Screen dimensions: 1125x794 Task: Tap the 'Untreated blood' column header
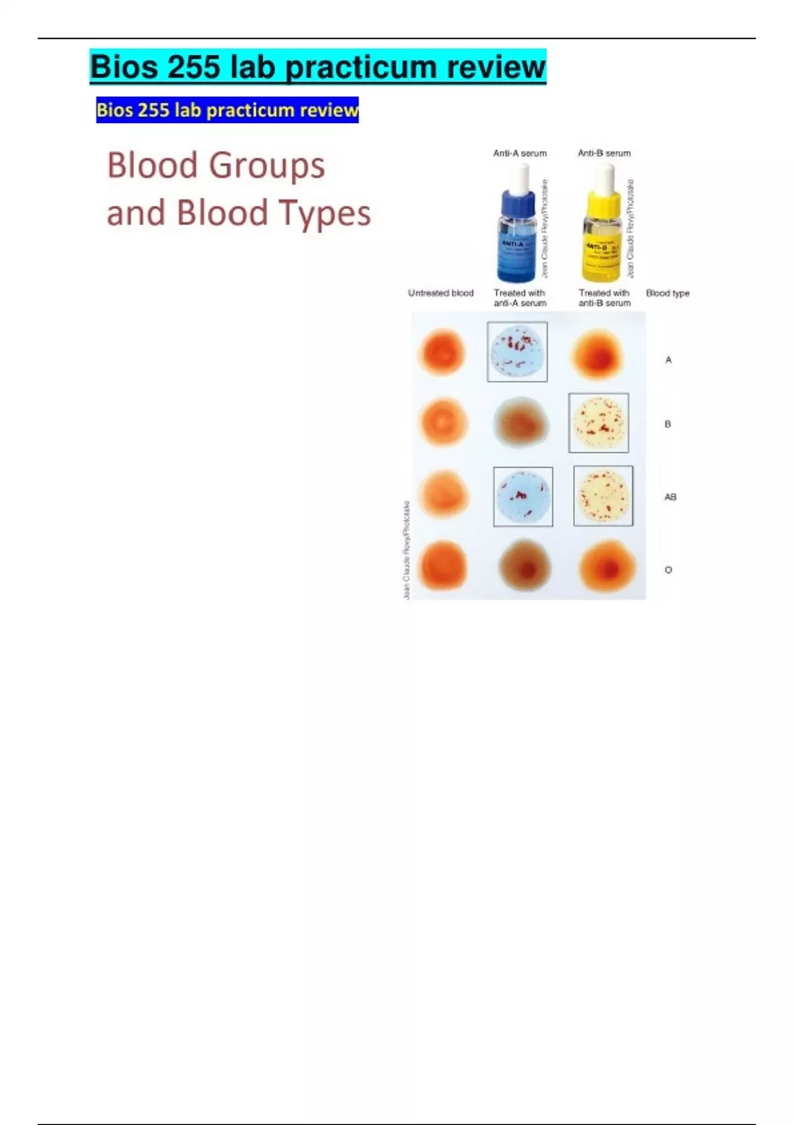point(441,292)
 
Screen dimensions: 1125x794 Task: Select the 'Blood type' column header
point(668,292)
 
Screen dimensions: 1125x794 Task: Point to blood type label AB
point(670,496)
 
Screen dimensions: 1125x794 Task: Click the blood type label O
point(668,570)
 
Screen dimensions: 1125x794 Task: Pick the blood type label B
point(668,424)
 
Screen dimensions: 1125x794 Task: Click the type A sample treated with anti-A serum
point(517,352)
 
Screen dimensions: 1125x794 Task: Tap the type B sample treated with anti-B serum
point(599,423)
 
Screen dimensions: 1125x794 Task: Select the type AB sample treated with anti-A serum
point(523,496)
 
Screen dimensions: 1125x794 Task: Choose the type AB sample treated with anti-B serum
point(603,496)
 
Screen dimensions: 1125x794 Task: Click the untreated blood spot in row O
point(443,566)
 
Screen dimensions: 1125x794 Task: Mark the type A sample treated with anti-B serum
point(597,355)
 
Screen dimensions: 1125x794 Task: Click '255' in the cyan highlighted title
point(193,67)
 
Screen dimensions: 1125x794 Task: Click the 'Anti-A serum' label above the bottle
point(519,153)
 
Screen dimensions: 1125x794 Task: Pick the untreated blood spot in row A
point(442,351)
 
